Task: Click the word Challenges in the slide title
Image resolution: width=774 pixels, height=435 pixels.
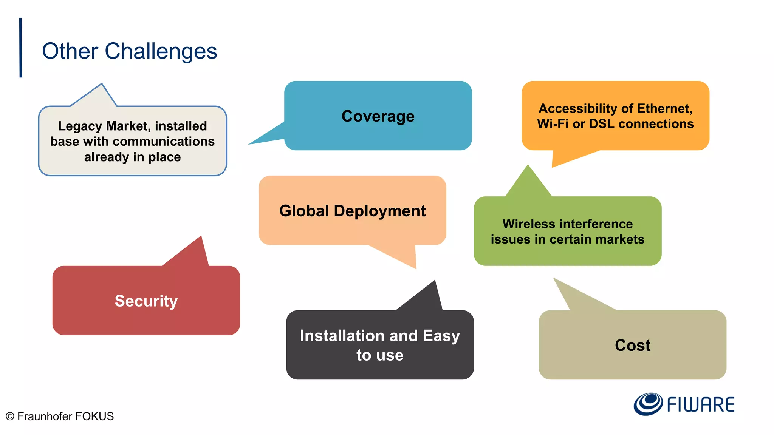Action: click(x=161, y=51)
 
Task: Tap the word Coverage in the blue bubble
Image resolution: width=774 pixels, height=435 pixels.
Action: click(x=378, y=116)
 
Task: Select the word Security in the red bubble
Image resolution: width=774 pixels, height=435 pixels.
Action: click(x=146, y=301)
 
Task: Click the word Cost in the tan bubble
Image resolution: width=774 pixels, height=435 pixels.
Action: click(x=632, y=345)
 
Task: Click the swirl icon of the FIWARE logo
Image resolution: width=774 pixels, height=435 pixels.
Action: click(x=648, y=404)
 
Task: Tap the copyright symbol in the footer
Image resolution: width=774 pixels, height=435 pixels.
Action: click(x=10, y=416)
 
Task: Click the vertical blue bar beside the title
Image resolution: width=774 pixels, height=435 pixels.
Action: click(x=20, y=48)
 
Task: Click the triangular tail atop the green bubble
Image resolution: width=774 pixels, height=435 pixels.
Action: click(x=528, y=183)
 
